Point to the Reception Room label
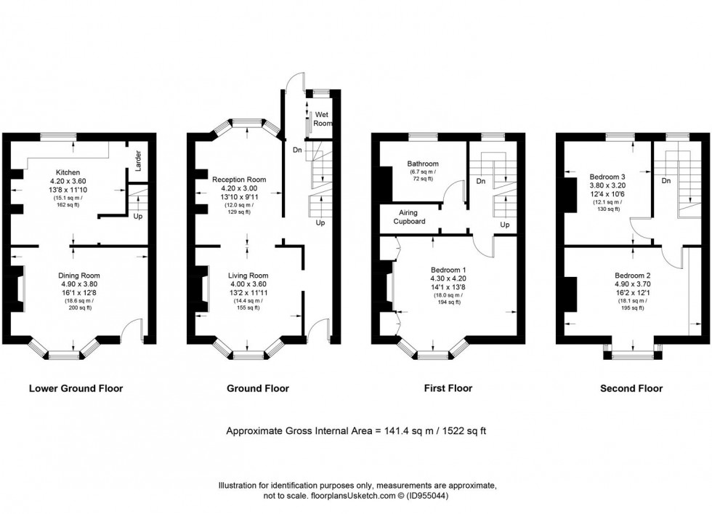(239, 179)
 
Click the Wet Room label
(322, 119)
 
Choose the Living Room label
(248, 276)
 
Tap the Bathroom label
(422, 164)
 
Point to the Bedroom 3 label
(609, 176)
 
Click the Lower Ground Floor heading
(76, 388)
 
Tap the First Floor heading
(448, 388)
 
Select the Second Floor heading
(631, 388)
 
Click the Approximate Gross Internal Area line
(356, 430)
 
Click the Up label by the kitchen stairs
(137, 216)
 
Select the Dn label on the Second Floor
(666, 180)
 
